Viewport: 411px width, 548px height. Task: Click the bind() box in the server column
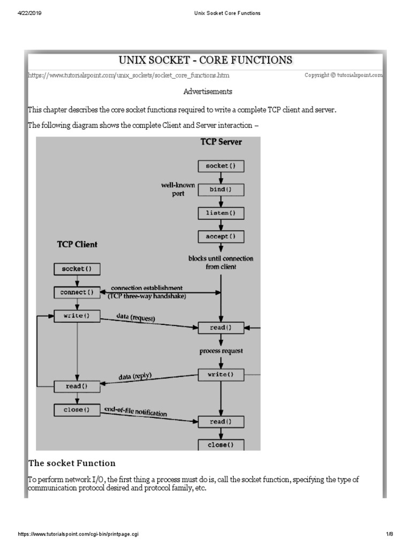[x=221, y=189]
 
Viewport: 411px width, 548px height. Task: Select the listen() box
[x=221, y=212]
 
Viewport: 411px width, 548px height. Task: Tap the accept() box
[x=221, y=236]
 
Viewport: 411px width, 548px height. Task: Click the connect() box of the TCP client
[x=77, y=292]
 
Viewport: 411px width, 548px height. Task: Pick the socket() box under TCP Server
[x=221, y=166]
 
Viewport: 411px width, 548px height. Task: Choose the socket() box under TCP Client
[x=77, y=269]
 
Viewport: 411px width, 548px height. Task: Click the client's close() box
[x=77, y=410]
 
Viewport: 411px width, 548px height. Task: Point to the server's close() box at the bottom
[x=221, y=445]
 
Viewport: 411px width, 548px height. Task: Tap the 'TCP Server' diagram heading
[x=221, y=142]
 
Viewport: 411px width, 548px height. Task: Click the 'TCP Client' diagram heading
[x=78, y=245]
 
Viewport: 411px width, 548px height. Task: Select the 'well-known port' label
[x=178, y=189]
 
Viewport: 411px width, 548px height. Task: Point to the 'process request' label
[x=221, y=351]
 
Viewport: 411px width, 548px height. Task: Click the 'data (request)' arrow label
[x=136, y=318]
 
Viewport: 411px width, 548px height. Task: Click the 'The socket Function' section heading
[x=72, y=463]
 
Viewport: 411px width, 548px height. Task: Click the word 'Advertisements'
[x=208, y=92]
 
